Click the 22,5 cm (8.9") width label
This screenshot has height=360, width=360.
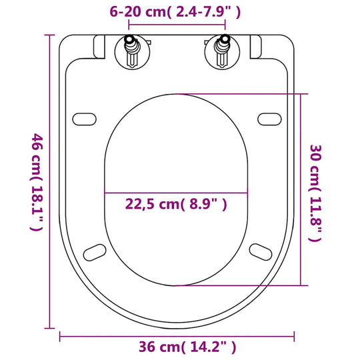click(x=176, y=205)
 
